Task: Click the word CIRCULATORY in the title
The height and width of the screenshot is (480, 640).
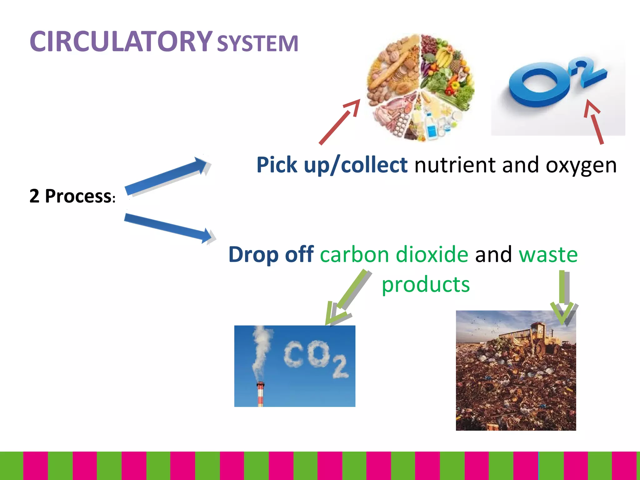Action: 121,42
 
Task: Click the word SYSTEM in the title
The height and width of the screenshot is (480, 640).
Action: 257,43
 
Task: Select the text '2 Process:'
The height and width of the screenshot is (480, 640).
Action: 72,196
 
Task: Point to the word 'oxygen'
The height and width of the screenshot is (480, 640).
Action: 581,166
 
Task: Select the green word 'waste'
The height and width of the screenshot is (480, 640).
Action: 548,254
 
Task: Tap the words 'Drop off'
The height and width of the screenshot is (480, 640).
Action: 271,254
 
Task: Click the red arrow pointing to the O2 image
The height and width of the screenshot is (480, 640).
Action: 594,122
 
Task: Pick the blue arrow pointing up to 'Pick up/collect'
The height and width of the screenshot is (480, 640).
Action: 166,177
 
